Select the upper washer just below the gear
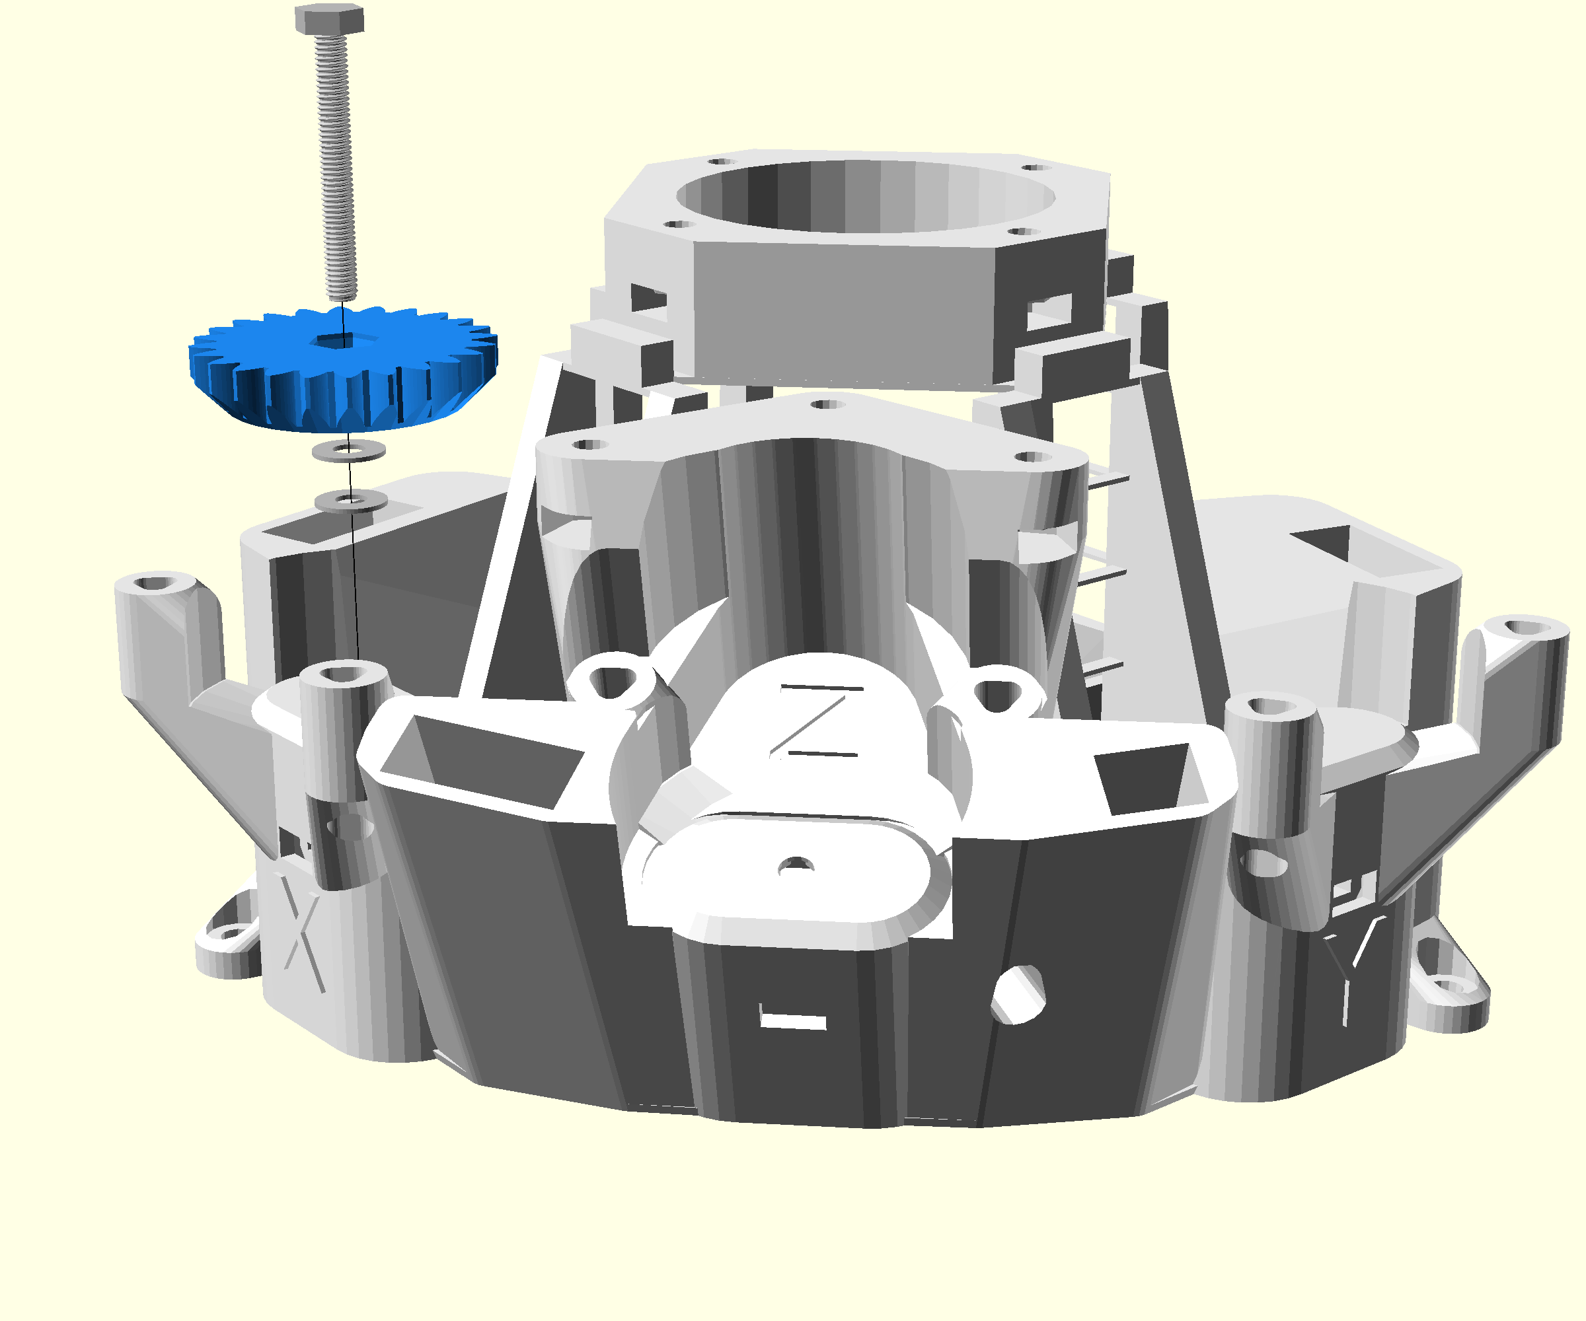click(x=349, y=451)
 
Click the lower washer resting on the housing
click(x=351, y=501)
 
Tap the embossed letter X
click(x=302, y=932)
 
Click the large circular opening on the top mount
click(x=866, y=197)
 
